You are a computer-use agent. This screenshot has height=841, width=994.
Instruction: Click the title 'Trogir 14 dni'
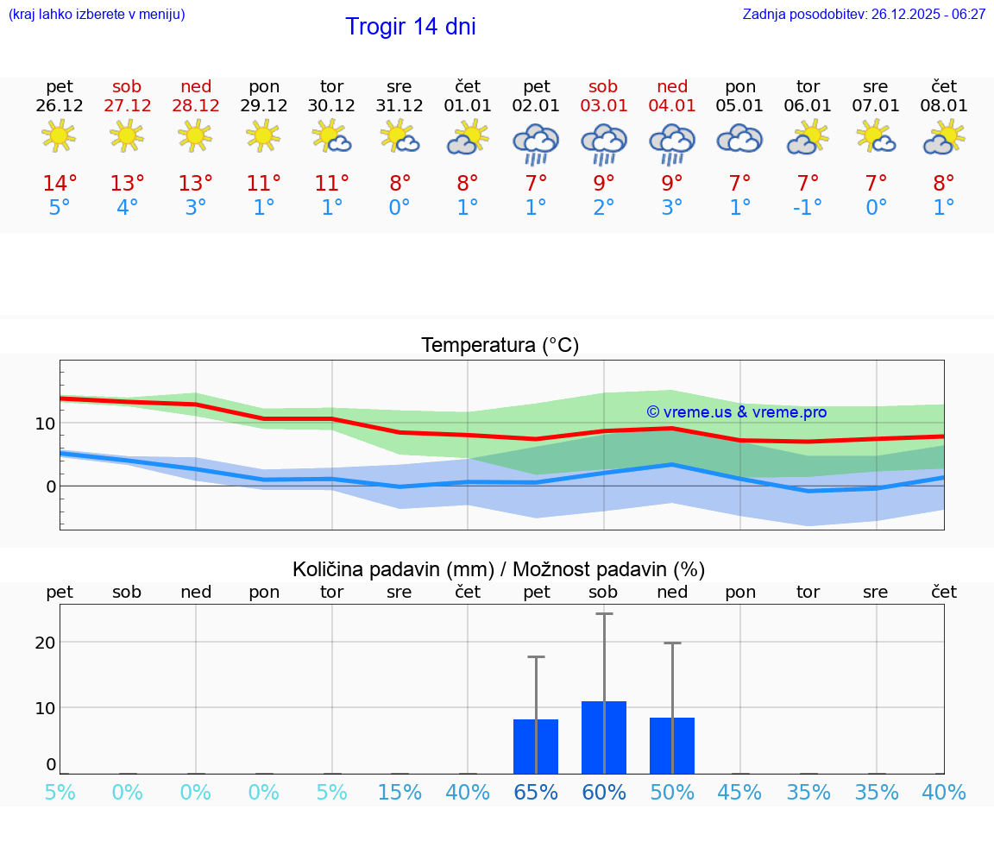410,27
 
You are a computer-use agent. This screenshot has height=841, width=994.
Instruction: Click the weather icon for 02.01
536,143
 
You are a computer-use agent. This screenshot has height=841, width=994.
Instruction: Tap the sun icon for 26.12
59,135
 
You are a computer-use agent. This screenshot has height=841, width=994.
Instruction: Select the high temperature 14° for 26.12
60,184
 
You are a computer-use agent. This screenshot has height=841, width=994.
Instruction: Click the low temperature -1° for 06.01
808,208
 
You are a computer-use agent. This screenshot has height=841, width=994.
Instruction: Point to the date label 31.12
399,106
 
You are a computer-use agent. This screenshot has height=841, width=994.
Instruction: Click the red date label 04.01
672,106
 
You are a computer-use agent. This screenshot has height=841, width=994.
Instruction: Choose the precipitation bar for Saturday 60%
604,737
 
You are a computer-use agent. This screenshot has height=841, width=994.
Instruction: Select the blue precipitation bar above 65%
536,746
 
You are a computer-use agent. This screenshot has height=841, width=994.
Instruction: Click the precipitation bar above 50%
672,745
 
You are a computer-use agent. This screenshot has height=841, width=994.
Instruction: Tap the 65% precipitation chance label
536,793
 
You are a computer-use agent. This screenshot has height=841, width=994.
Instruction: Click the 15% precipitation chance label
399,793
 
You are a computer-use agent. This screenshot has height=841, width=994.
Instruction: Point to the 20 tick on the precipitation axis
45,642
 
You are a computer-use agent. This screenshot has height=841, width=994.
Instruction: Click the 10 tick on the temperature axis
45,424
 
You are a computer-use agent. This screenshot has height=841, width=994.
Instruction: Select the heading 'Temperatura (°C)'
500,346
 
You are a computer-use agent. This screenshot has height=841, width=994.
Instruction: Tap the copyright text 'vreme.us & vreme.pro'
737,412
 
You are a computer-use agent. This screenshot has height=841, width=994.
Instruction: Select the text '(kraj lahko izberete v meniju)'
97,15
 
